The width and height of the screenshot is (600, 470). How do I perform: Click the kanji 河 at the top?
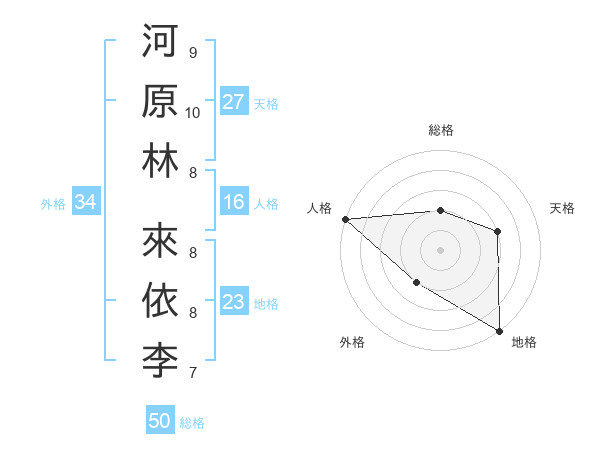160,43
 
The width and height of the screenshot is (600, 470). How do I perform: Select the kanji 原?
160,102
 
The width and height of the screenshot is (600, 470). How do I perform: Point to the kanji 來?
160,240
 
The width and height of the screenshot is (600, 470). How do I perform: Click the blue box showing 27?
234,102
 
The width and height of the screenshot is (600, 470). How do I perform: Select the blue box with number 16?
234,203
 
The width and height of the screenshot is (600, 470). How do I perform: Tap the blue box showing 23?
234,303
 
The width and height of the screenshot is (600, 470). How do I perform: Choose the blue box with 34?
86,203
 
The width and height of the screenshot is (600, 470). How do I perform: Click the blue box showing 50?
160,421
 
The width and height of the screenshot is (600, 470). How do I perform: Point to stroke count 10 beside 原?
193,112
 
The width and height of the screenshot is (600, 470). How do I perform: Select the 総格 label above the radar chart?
441,130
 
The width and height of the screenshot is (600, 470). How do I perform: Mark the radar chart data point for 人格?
345,218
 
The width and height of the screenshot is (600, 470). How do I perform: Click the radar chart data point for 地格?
498,330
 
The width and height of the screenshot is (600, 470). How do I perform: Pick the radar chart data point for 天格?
498,232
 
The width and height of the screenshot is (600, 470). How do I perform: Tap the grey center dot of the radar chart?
441,249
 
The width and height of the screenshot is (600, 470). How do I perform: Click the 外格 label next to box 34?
53,204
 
